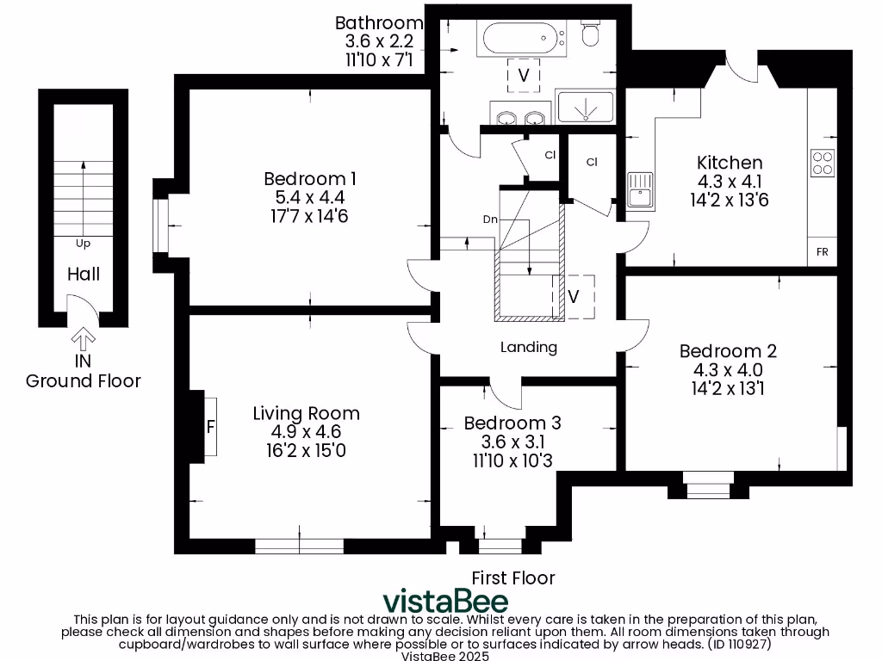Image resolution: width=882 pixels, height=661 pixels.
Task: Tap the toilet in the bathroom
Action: pos(591,33)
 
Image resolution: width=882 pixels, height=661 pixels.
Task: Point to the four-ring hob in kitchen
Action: pos(823,163)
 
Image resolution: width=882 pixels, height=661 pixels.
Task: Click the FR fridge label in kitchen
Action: pos(822,252)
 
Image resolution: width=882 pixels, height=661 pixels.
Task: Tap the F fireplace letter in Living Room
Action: pos(209,426)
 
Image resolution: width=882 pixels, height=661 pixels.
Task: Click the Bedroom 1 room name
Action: pos(310,179)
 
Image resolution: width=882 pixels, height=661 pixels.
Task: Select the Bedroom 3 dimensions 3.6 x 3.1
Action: pos(512,442)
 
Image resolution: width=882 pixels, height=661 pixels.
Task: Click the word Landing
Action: pos(529,348)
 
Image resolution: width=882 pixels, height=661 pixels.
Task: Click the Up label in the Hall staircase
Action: pos(83,244)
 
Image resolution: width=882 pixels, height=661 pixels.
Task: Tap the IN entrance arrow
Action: pos(83,337)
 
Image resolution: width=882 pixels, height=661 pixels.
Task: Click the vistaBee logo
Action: pos(445,600)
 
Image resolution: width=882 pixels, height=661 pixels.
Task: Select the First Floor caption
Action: pos(513,578)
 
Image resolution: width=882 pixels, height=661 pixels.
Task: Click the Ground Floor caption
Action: pos(83,380)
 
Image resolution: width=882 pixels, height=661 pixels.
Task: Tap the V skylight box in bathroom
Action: pos(523,76)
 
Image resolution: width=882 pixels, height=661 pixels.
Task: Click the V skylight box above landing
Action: pos(573,296)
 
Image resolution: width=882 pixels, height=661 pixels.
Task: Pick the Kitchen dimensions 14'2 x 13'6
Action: pos(730,201)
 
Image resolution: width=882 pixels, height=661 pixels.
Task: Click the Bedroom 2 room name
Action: pos(728,351)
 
